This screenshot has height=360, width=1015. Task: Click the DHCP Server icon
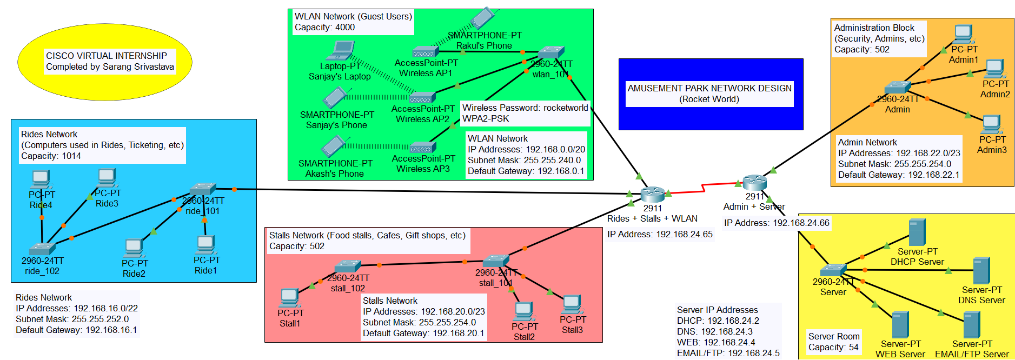[x=917, y=232]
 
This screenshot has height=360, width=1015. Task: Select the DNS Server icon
[x=981, y=271]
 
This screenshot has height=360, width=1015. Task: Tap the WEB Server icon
[x=900, y=324]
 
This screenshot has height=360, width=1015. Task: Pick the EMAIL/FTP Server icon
[x=972, y=325]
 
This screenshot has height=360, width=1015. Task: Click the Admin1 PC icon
[x=963, y=34]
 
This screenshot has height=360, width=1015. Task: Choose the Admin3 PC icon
[x=991, y=124]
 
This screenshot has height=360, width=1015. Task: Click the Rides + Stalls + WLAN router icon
[x=652, y=194]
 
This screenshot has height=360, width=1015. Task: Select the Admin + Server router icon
[x=754, y=182]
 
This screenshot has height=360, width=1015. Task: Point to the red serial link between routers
[x=703, y=188]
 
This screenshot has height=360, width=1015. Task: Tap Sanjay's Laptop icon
[x=340, y=51]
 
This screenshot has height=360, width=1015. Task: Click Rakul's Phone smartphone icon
[x=482, y=18]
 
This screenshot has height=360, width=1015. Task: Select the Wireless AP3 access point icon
[x=423, y=147]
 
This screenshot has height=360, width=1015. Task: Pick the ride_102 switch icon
[x=42, y=249]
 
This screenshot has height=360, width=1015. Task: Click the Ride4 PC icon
[x=41, y=179]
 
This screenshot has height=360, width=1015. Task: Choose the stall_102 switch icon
[x=348, y=266]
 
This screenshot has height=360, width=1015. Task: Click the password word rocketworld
[x=566, y=108]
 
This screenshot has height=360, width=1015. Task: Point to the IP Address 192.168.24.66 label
[x=777, y=223]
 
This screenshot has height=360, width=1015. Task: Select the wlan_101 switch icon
[x=551, y=52]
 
